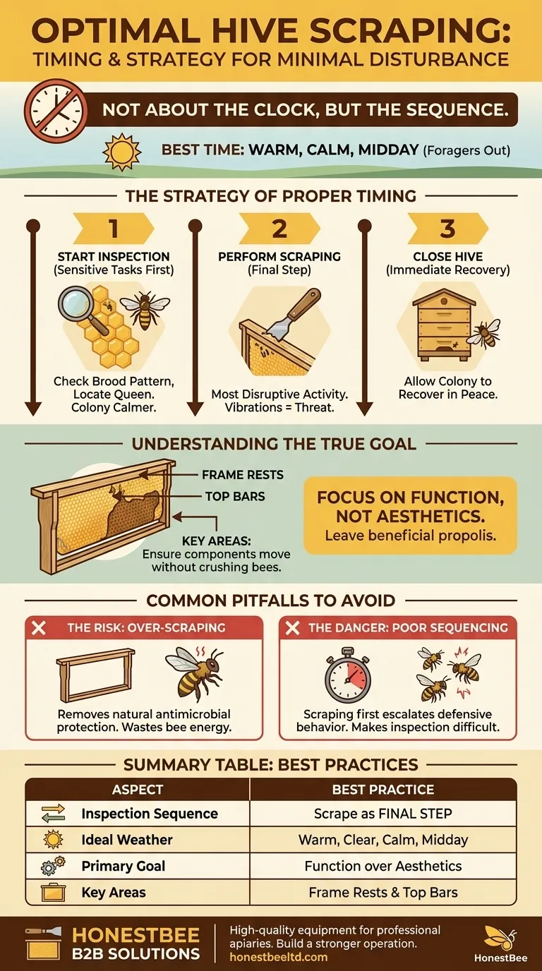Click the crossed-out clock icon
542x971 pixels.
coord(55,110)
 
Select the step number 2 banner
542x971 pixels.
coord(279,229)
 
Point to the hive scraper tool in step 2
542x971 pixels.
coord(294,315)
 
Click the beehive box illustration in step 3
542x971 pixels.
coord(441,325)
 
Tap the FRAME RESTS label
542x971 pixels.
coord(243,475)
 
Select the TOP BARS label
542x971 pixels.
coord(235,496)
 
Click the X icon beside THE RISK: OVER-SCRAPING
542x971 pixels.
coord(39,627)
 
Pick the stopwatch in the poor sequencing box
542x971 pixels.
coord(348,675)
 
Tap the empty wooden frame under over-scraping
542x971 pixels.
coord(95,675)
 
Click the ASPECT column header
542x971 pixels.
coord(138,790)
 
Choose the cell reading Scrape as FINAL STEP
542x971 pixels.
coord(383,814)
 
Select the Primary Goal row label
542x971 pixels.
coord(123,866)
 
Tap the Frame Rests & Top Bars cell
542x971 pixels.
coord(383,892)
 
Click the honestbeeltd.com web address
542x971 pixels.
coord(278,957)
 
